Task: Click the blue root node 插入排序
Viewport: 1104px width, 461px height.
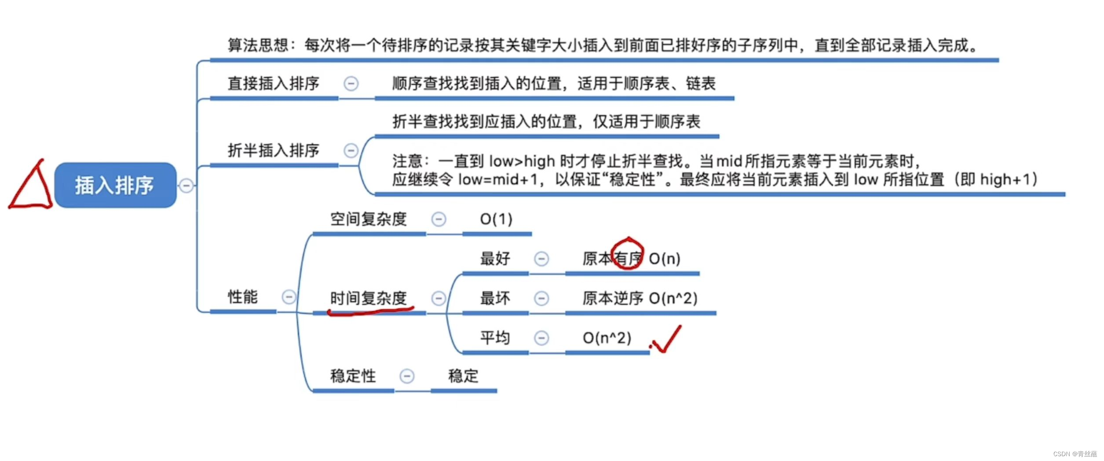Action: pyautogui.click(x=115, y=185)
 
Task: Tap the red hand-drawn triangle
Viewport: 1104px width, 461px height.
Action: pyautogui.click(x=31, y=187)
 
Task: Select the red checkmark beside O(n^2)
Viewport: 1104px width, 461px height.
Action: pyautogui.click(x=667, y=340)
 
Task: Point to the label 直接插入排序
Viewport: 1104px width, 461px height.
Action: pyautogui.click(x=273, y=83)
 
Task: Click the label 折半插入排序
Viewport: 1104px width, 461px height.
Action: pyautogui.click(x=273, y=150)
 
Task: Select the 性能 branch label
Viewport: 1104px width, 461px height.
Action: pyautogui.click(x=242, y=297)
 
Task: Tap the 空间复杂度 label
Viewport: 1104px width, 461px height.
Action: pyautogui.click(x=369, y=219)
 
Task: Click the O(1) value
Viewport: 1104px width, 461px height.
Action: pyautogui.click(x=496, y=219)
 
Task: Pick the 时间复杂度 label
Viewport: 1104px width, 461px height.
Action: pyautogui.click(x=369, y=298)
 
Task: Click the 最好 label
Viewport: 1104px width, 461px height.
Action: pyautogui.click(x=495, y=259)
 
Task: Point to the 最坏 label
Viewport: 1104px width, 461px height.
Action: pyautogui.click(x=495, y=298)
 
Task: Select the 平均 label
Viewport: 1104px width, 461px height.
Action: pyautogui.click(x=495, y=338)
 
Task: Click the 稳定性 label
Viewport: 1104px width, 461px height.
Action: pyautogui.click(x=353, y=376)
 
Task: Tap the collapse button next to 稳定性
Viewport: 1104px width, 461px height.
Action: pyautogui.click(x=407, y=377)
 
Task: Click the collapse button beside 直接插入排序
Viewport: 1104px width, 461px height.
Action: pyautogui.click(x=351, y=84)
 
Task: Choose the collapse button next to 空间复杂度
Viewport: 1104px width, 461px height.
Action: pyautogui.click(x=439, y=219)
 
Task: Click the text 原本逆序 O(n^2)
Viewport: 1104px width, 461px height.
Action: pyautogui.click(x=640, y=298)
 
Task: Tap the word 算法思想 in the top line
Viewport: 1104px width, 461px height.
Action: pyautogui.click(x=257, y=45)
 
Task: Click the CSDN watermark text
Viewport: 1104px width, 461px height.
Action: pyautogui.click(x=1075, y=454)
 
